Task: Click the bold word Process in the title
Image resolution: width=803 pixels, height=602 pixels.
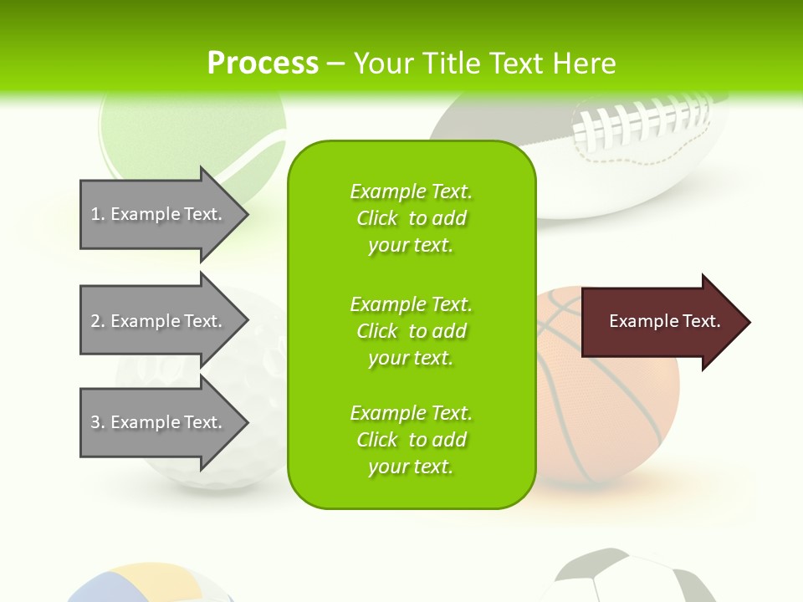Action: point(263,63)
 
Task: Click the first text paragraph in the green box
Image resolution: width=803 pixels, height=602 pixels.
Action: point(411,218)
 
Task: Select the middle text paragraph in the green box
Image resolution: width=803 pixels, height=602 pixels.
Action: point(411,330)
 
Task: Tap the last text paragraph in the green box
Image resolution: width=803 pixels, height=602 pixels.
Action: point(411,440)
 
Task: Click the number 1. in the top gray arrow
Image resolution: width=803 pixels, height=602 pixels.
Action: point(98,214)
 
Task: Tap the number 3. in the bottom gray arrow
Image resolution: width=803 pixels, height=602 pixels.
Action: point(98,422)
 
